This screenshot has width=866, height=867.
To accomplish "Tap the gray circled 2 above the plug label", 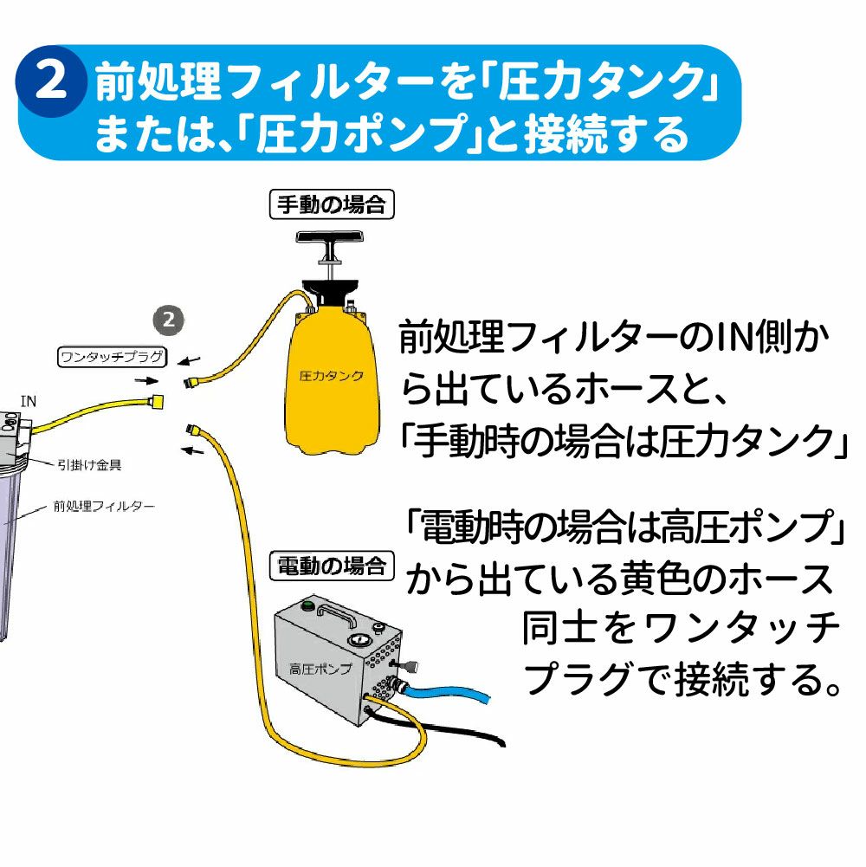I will (170, 319).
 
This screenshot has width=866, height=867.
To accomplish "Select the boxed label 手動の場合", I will (333, 205).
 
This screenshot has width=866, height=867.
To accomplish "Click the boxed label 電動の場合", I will (332, 567).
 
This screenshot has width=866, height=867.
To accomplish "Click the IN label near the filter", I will (29, 400).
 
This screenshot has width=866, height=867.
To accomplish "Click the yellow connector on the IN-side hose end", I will (157, 400).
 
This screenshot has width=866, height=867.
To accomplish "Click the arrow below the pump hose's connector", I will (192, 449).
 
